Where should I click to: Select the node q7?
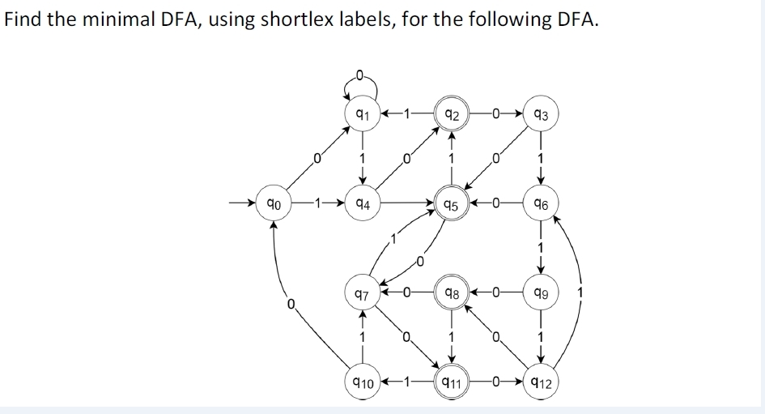(362, 295)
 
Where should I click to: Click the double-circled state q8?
(452, 295)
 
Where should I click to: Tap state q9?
(541, 295)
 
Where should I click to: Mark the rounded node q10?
(362, 382)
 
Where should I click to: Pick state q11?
(452, 382)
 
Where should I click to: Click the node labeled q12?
(541, 382)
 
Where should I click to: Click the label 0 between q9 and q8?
(496, 295)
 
